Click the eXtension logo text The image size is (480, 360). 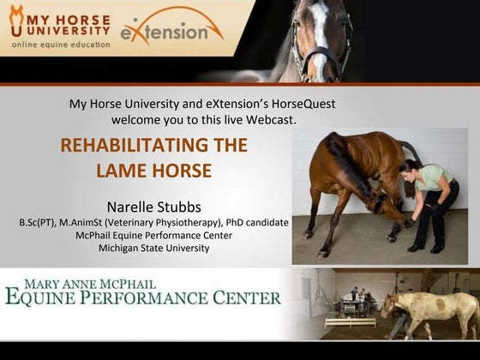[x=171, y=32]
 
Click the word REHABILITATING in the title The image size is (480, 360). [x=153, y=145]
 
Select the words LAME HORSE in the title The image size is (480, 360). [x=153, y=171]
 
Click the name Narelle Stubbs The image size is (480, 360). [x=153, y=207]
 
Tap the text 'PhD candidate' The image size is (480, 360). [x=253, y=222]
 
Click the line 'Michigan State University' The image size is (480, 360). [x=153, y=249]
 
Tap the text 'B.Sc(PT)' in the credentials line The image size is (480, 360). [x=39, y=222]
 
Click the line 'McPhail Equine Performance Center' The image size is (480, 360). [x=153, y=235]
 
